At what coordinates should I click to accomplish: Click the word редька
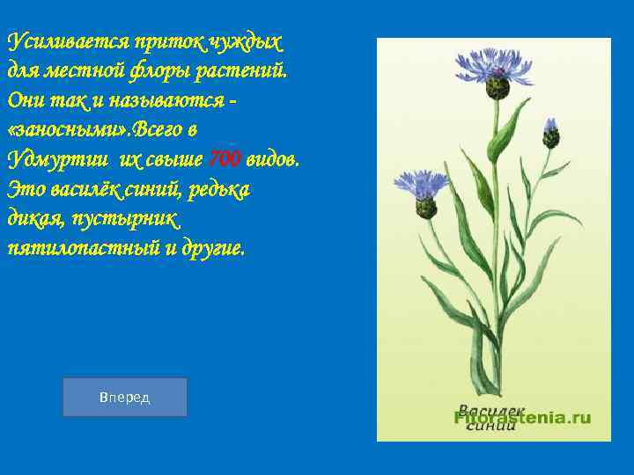coord(219,188)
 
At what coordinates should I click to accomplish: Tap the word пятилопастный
coord(71,248)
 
